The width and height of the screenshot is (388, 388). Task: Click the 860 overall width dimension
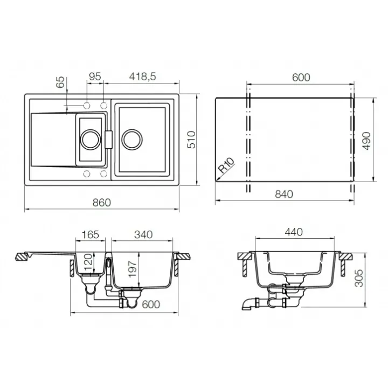coord(102,203)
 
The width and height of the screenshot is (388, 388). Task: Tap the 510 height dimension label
coord(191,140)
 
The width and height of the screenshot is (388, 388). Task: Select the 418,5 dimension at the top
coord(142,77)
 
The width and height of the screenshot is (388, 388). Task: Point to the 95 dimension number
coord(95,77)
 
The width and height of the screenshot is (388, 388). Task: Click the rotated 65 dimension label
coord(60,82)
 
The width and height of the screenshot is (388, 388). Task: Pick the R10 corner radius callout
coord(226,165)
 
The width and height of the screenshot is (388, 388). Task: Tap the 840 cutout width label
coord(284,194)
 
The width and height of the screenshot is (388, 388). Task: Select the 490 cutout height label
coord(366,141)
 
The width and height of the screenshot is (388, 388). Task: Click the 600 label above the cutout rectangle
coord(301,78)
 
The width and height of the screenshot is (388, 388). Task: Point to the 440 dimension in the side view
coord(294,232)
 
